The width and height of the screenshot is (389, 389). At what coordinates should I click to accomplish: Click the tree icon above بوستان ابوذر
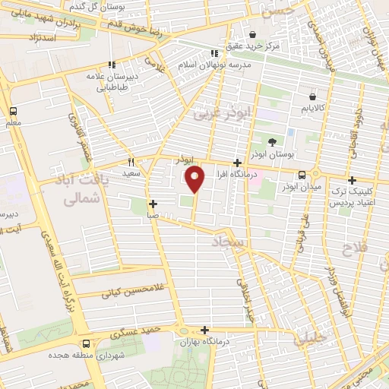pyautogui.click(x=273, y=142)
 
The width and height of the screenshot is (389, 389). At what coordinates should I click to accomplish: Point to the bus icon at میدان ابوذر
pyautogui.click(x=302, y=173)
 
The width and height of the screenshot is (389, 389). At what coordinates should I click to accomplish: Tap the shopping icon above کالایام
pyautogui.click(x=313, y=96)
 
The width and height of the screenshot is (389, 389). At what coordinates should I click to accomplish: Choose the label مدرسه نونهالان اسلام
pyautogui.click(x=215, y=65)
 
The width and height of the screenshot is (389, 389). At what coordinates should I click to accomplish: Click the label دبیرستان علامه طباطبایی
pyautogui.click(x=112, y=81)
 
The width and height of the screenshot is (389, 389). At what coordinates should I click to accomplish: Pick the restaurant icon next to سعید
pyautogui.click(x=131, y=162)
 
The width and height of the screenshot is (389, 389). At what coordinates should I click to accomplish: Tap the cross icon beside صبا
pyautogui.click(x=153, y=204)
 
